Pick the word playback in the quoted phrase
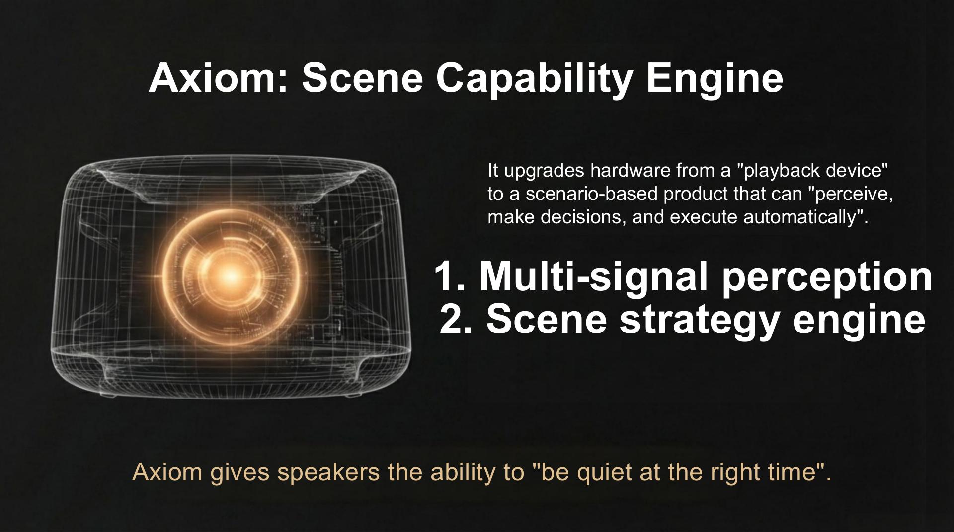pos(782,171)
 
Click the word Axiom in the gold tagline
pos(167,472)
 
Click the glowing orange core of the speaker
pos(231,274)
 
